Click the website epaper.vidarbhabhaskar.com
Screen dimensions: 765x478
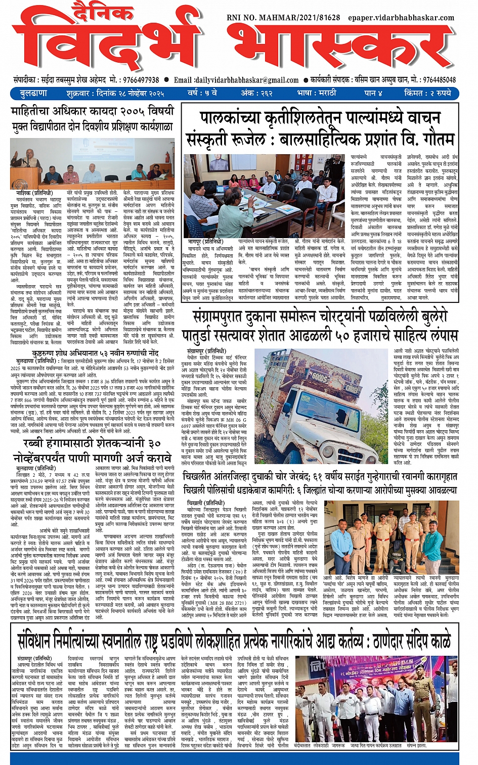point(401,18)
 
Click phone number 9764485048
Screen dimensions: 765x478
point(439,80)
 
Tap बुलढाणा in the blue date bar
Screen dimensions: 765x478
point(34,93)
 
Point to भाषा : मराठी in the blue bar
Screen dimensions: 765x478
point(316,93)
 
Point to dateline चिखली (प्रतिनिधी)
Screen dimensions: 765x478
point(205,503)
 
